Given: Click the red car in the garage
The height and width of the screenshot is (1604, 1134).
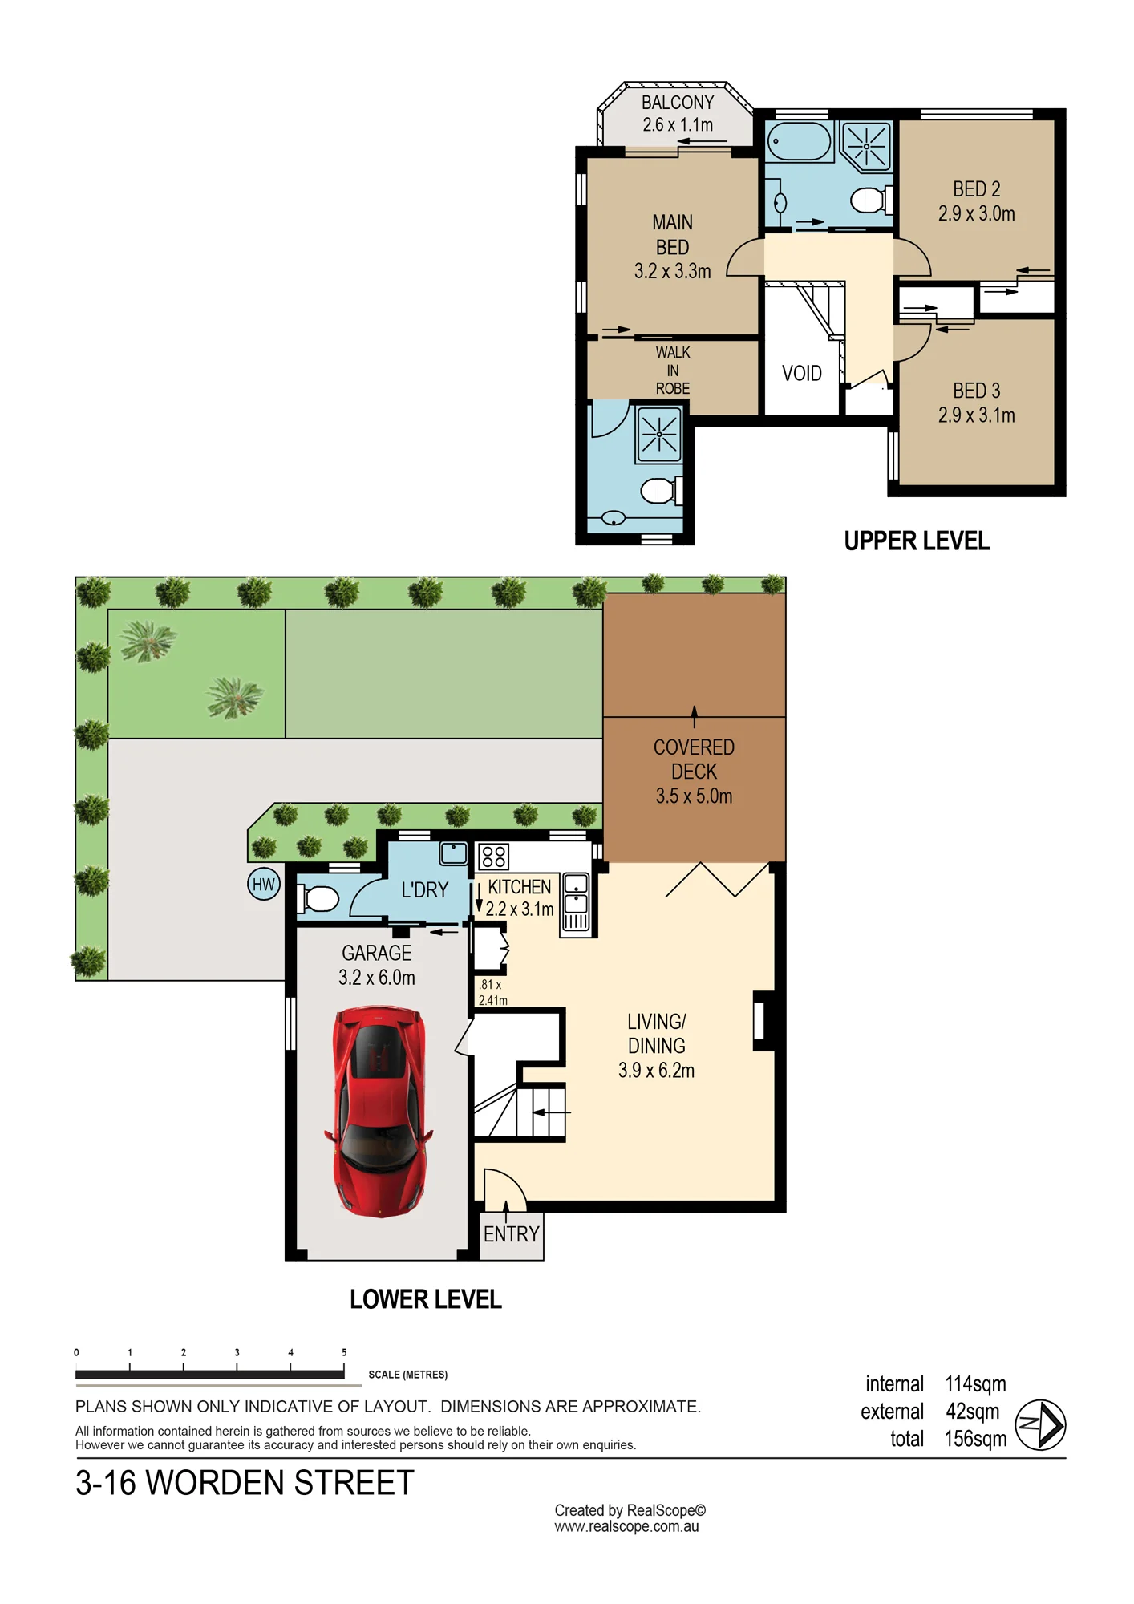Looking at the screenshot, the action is (x=379, y=1112).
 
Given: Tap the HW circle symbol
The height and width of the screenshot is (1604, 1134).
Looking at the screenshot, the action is (x=263, y=885).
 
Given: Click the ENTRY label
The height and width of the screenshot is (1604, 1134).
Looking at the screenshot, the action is (x=512, y=1234).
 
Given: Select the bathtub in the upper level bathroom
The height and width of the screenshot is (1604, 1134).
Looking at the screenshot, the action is (x=799, y=141).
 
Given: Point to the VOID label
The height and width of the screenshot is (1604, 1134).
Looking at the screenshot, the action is (x=802, y=373).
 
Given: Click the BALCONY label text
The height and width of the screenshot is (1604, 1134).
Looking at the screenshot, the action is (x=678, y=103).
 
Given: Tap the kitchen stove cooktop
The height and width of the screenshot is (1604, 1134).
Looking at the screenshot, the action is (x=493, y=857).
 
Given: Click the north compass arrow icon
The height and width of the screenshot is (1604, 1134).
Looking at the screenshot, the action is (x=1040, y=1424).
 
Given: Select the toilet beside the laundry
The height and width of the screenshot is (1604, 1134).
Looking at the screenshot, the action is (x=318, y=899).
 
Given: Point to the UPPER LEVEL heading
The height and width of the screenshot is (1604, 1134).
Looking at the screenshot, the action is (x=917, y=541).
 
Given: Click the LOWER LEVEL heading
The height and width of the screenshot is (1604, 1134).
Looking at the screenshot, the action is (x=426, y=1299).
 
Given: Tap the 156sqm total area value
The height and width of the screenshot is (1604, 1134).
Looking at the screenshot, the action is (x=975, y=1439).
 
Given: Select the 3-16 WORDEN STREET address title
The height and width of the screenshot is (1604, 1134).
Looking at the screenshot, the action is (x=245, y=1483).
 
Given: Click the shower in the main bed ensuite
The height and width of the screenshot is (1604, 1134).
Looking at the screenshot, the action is (x=659, y=435).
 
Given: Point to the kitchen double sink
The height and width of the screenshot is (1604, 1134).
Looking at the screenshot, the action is (x=576, y=903).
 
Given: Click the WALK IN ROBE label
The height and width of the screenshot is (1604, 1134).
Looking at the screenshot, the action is (x=673, y=371).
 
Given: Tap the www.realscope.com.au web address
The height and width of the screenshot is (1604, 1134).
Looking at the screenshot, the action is (x=626, y=1526).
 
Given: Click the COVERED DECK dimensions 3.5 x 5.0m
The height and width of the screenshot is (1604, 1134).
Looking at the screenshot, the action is (x=694, y=796).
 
